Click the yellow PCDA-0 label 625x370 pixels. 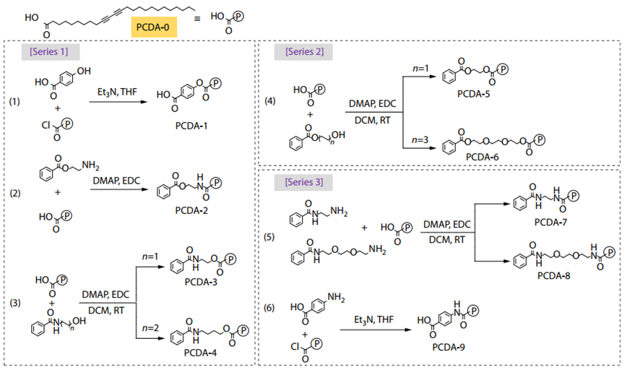[x=153, y=27]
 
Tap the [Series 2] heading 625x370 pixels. [x=304, y=52]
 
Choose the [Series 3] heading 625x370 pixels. [x=303, y=182]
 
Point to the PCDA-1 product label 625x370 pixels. [x=191, y=126]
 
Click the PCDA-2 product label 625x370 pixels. [x=191, y=210]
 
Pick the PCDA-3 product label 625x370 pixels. [x=201, y=282]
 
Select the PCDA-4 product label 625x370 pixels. [x=200, y=353]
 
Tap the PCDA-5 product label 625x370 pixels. [x=473, y=94]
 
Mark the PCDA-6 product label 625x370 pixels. [x=483, y=157]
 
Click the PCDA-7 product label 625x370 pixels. [x=551, y=222]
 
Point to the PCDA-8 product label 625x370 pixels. [x=553, y=275]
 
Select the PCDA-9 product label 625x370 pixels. [x=449, y=348]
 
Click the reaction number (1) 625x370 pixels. [x=14, y=102]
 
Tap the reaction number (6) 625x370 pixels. [x=270, y=307]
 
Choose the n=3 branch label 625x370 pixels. [x=420, y=140]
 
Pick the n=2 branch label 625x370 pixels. [x=150, y=328]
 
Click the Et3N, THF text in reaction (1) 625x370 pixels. [x=117, y=92]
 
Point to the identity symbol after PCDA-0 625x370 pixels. [x=197, y=19]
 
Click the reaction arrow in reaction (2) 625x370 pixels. [x=118, y=189]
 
